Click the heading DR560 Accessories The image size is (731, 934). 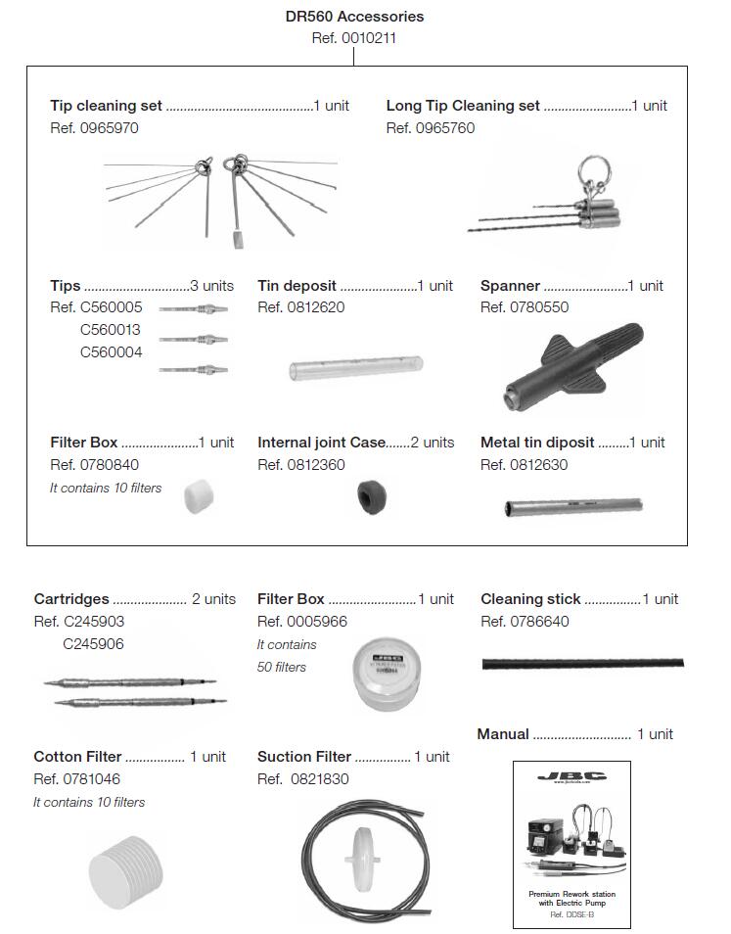click(354, 17)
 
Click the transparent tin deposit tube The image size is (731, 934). click(355, 370)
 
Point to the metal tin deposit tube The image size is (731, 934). click(573, 507)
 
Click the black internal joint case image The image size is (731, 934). click(370, 497)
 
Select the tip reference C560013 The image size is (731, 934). click(111, 330)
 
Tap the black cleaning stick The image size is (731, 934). click(582, 664)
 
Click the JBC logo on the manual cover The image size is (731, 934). click(571, 776)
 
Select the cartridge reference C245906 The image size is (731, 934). click(93, 644)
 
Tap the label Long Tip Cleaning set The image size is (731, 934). click(463, 106)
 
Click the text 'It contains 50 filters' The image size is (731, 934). click(287, 656)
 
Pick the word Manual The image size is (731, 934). click(503, 734)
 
